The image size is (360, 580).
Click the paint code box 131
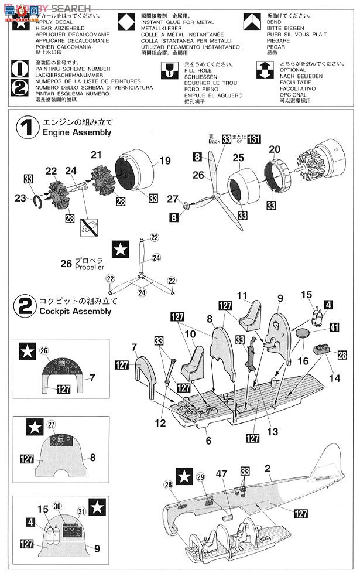pos(253,138)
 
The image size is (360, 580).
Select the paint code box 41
pos(334,328)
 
